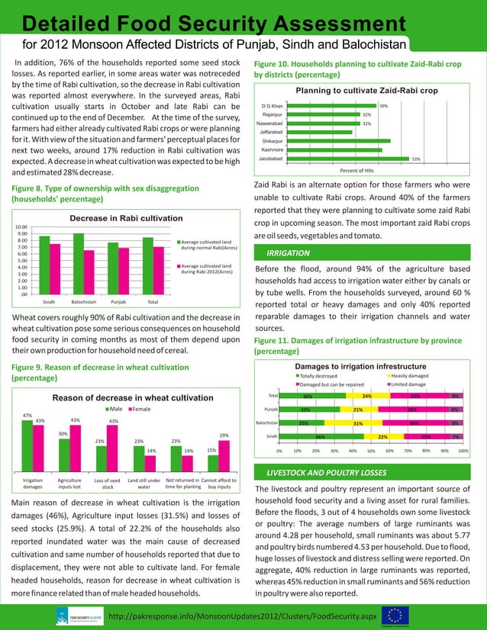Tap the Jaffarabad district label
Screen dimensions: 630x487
click(x=272, y=132)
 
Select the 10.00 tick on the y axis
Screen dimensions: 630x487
click(x=22, y=227)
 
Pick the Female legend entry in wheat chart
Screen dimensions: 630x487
click(x=141, y=410)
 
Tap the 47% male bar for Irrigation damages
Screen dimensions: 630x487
click(x=27, y=445)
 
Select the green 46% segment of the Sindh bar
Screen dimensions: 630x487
click(x=320, y=436)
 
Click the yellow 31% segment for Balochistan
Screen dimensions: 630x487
click(x=356, y=423)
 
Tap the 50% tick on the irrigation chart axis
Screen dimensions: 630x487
click(x=371, y=451)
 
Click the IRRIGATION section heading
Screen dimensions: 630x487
click(x=289, y=252)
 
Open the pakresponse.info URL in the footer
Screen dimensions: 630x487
click(x=243, y=614)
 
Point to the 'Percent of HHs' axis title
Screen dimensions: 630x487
click(x=356, y=170)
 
